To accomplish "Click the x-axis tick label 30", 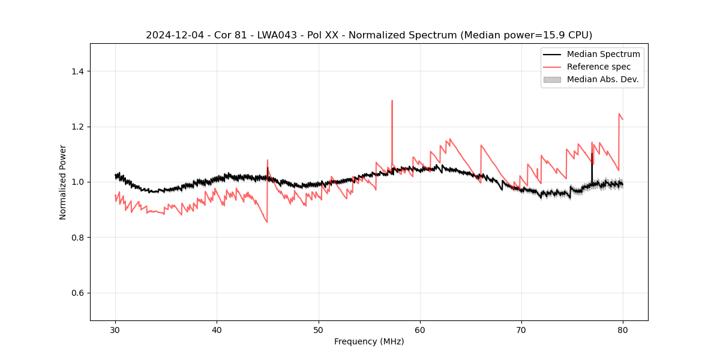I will pos(115,329).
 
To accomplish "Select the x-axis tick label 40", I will pos(217,329).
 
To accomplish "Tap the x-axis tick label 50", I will pos(319,329).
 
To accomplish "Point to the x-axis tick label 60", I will pos(420,329).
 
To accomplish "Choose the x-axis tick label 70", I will pos(521,329).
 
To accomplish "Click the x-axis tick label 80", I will pos(623,329).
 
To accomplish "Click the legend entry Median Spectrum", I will pos(603,54).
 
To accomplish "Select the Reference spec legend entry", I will pos(598,67).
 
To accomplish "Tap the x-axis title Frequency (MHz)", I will pos(369,341).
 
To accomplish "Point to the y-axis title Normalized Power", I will pos(63,182).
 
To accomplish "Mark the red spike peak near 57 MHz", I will pos(392,101).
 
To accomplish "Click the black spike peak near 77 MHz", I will pos(592,154).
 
